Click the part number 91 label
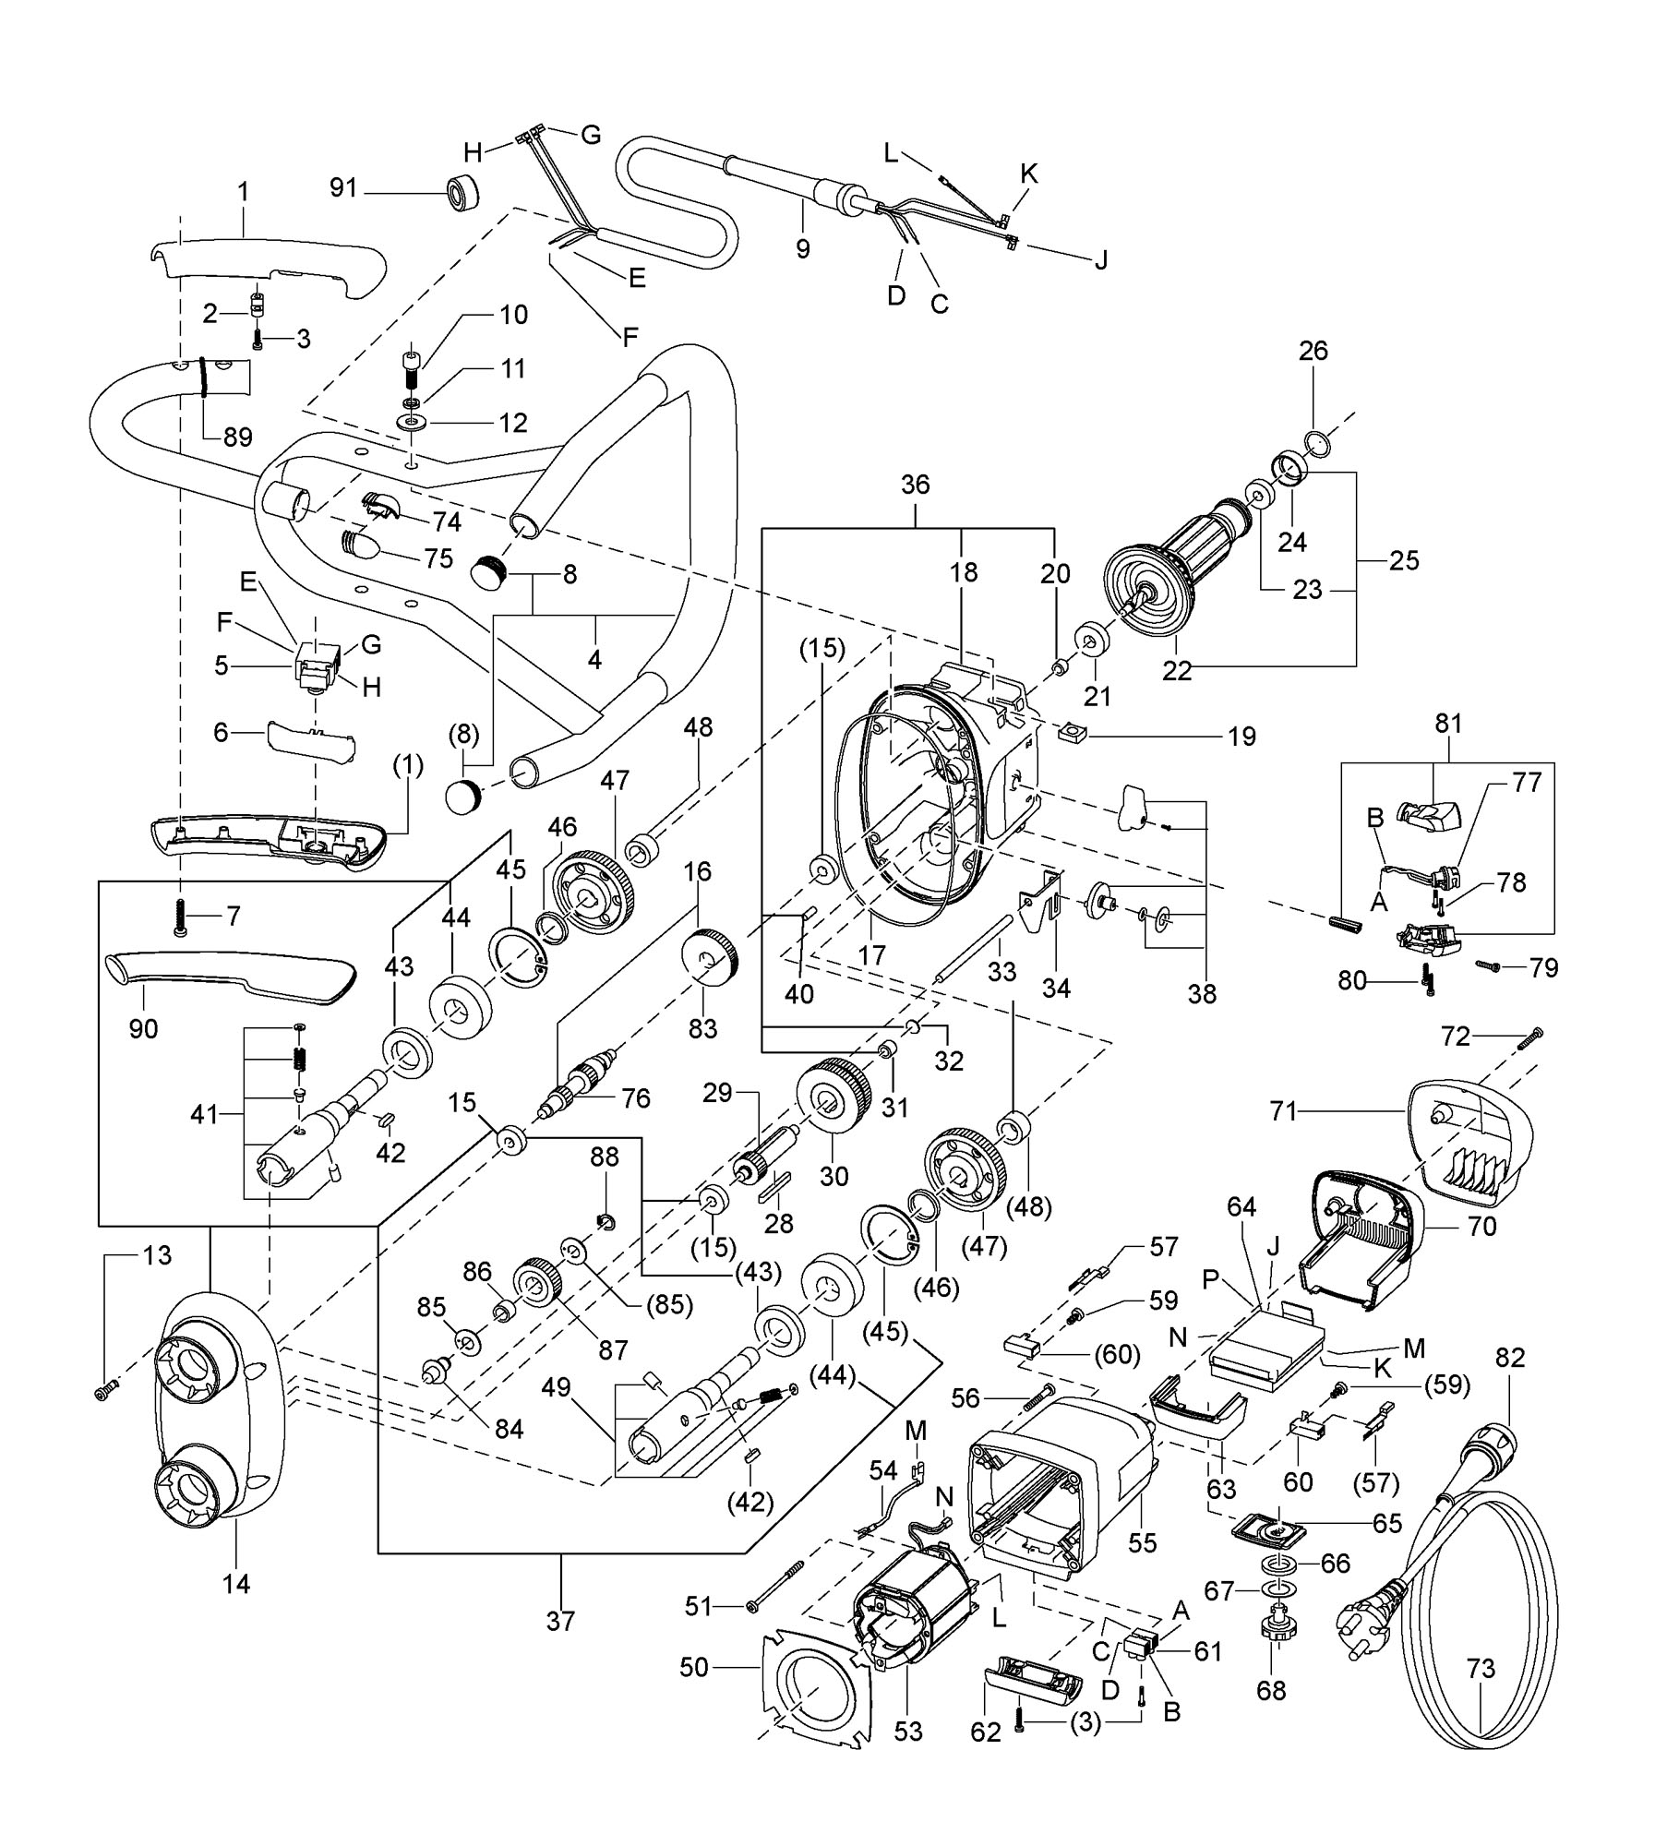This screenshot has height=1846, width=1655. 342,188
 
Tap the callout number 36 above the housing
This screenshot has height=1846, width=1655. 915,485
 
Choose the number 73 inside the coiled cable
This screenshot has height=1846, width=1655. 1481,1669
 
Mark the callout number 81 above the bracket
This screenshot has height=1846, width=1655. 1448,725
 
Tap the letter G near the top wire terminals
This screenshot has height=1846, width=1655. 591,136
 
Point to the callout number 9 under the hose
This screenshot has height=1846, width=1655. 803,249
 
